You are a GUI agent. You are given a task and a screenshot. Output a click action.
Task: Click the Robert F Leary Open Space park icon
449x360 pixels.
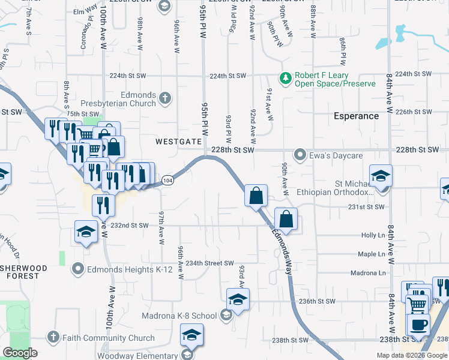(286, 78)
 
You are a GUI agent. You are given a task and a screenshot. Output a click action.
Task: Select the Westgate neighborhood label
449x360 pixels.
(178, 142)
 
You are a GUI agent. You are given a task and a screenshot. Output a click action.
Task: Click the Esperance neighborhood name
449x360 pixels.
(357, 116)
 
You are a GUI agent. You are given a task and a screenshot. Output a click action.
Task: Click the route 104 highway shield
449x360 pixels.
(168, 180)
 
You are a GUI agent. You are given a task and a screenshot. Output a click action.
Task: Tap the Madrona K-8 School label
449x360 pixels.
(179, 316)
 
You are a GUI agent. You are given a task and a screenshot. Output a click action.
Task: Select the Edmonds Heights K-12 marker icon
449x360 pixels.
(77, 269)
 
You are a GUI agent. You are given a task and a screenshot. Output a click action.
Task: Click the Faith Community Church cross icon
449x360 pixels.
(53, 338)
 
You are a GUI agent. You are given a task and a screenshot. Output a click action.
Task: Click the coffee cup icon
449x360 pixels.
(418, 325)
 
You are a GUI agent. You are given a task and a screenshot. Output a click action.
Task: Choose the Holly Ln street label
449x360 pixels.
(372, 236)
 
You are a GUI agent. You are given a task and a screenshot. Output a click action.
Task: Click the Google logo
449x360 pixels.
(20, 353)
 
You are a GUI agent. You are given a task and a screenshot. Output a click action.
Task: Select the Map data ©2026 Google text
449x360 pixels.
(411, 355)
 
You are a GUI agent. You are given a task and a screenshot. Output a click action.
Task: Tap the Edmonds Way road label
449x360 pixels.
(286, 248)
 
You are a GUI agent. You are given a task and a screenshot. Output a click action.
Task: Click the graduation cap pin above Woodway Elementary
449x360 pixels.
(191, 334)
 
